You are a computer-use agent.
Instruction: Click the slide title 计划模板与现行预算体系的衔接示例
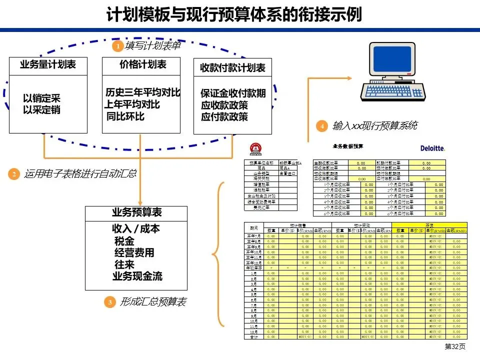(x=234, y=14)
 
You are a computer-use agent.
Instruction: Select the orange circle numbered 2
(x=13, y=174)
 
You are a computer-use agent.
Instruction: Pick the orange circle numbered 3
(x=109, y=302)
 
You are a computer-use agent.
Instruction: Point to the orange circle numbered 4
(x=322, y=126)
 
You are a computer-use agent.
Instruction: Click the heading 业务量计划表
(x=47, y=64)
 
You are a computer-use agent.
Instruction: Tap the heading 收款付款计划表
(x=232, y=68)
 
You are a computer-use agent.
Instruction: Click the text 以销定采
(x=41, y=98)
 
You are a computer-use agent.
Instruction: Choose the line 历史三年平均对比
(x=143, y=93)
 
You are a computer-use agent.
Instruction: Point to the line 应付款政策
(x=224, y=117)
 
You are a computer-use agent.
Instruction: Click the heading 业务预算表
(x=136, y=212)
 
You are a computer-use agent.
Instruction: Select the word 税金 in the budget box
(x=124, y=241)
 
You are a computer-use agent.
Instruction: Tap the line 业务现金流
(x=137, y=276)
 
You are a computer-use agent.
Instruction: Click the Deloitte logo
(x=433, y=148)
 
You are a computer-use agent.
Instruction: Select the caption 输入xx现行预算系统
(x=374, y=126)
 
